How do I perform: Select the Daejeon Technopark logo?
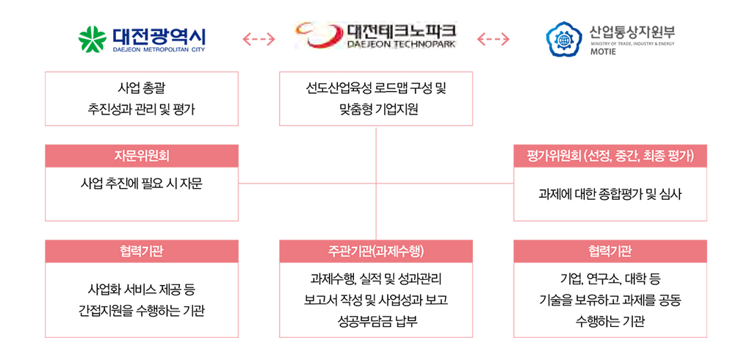(x=375, y=35)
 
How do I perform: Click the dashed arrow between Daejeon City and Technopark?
(x=258, y=38)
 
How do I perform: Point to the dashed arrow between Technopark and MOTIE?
(x=493, y=38)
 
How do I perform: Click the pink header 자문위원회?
(x=142, y=156)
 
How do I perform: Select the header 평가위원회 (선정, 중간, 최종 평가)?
(x=610, y=156)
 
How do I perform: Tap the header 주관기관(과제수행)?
(x=376, y=251)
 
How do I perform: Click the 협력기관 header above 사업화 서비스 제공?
(x=142, y=251)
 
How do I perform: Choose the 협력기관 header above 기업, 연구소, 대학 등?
(x=610, y=251)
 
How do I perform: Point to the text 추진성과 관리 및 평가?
(x=142, y=110)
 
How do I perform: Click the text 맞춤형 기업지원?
(x=375, y=110)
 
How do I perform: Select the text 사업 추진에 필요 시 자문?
(x=142, y=182)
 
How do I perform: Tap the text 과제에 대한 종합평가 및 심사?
(x=610, y=195)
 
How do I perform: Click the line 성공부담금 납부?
(x=375, y=321)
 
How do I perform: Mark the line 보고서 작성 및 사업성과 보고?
(x=375, y=300)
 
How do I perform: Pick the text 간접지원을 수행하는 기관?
(x=142, y=311)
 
